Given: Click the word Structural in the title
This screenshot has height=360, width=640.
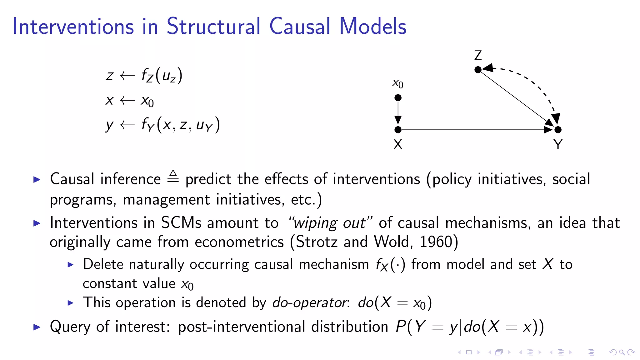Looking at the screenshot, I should (x=213, y=26).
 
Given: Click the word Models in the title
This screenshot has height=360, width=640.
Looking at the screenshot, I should (x=372, y=26).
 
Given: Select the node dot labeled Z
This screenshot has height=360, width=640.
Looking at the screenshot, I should (x=478, y=70).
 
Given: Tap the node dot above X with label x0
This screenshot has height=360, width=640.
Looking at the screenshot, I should (x=398, y=98).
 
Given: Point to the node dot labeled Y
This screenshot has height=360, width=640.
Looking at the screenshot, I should (x=558, y=129).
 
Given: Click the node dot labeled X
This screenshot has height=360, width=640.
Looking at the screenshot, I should (x=398, y=129).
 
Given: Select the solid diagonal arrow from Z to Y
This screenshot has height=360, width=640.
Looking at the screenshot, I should (x=516, y=98).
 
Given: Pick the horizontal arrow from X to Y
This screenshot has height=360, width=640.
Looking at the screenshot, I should (x=475, y=129).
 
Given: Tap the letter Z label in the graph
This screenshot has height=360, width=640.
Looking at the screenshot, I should (x=478, y=56).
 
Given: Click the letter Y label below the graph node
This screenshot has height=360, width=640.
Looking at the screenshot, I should (x=558, y=144).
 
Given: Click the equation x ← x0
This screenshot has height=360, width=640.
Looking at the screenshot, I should (x=129, y=101).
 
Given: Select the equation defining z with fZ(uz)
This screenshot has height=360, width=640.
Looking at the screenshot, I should (x=144, y=76).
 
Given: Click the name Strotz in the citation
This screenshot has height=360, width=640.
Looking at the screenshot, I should (x=316, y=242).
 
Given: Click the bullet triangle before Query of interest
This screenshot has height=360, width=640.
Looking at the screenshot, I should (x=37, y=327).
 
